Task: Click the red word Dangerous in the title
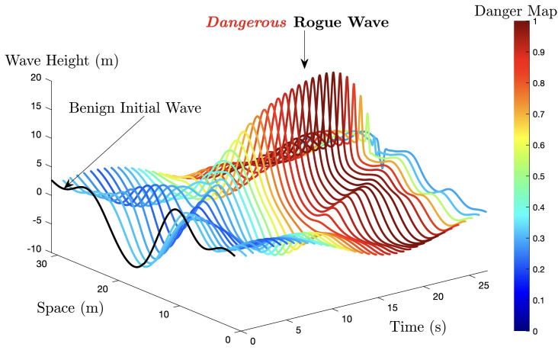point(252,24)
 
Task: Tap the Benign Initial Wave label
point(136,108)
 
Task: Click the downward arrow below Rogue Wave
point(303,52)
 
